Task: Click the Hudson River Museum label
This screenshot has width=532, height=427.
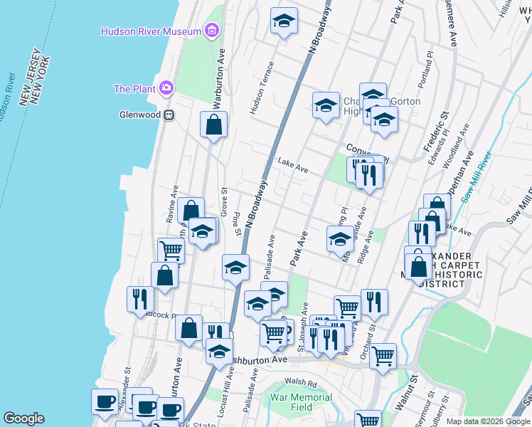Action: pos(150,31)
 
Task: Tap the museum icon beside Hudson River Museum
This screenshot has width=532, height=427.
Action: pos(211,31)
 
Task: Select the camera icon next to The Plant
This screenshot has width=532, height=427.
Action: pos(166,88)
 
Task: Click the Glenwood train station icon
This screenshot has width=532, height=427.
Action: pos(169,115)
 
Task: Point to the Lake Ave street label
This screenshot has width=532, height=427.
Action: pos(292,166)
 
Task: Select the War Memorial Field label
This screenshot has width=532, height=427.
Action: pos(301,402)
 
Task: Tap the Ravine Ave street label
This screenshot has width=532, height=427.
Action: pos(171,204)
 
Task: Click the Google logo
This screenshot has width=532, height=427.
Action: pos(24,418)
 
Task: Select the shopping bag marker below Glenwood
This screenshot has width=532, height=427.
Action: pos(213,126)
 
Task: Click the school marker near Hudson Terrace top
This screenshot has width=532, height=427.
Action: pos(284,22)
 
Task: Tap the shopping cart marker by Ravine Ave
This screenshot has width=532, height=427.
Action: pos(171,251)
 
